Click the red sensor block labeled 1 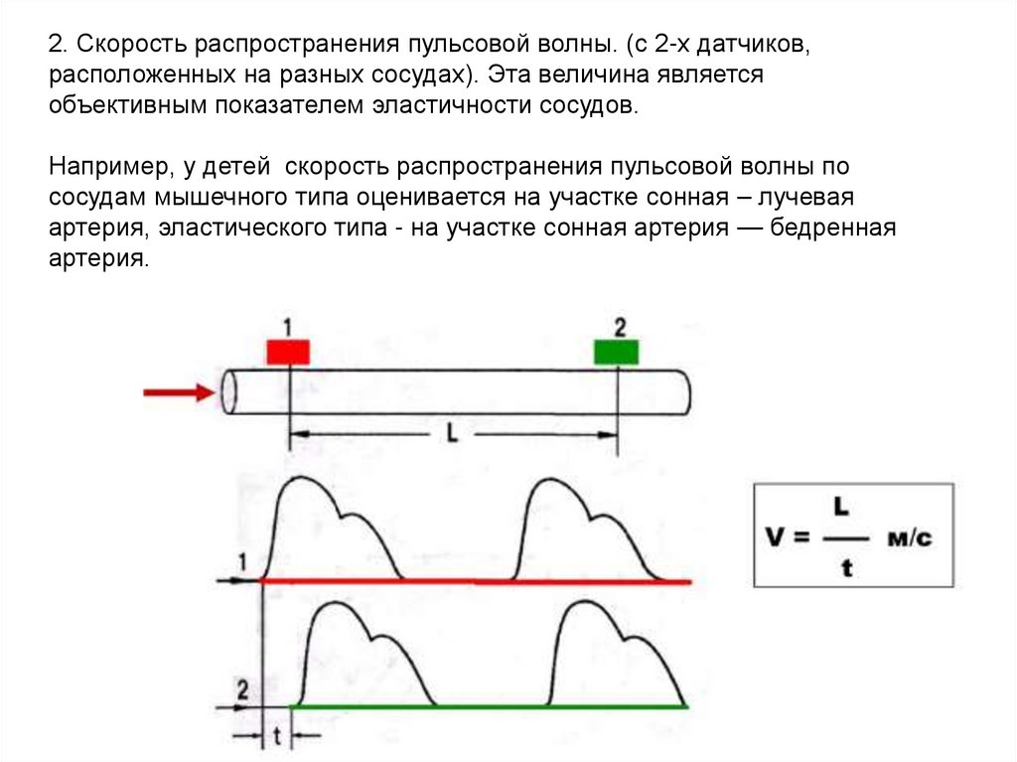tap(288, 351)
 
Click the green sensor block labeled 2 tap(617, 351)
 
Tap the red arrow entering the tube tap(179, 392)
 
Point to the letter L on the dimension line tap(452, 435)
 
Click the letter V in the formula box tap(776, 536)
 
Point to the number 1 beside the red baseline tap(241, 563)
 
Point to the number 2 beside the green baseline tap(241, 687)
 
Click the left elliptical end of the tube tap(228, 391)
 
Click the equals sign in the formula tap(803, 537)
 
